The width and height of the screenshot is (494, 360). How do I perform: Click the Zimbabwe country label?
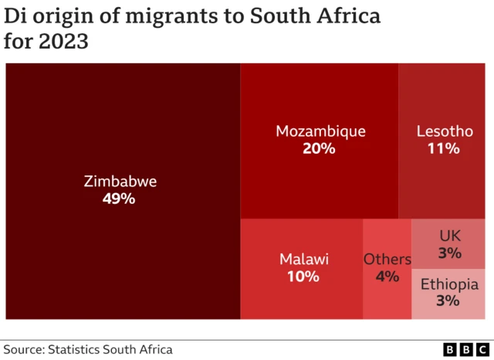click(x=120, y=182)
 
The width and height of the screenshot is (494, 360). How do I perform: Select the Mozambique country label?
click(x=320, y=131)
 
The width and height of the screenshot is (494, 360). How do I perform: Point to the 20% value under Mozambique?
click(x=319, y=148)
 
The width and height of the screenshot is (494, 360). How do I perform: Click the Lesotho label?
click(x=444, y=131)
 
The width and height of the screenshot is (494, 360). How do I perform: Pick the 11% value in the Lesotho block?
click(x=443, y=148)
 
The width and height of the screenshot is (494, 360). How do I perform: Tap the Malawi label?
click(x=303, y=259)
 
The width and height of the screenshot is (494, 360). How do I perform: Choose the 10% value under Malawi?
click(x=303, y=276)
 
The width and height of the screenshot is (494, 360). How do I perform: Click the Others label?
click(x=387, y=259)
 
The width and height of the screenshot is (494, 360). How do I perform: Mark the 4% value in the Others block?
click(x=387, y=276)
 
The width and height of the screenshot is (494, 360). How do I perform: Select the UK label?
click(x=449, y=236)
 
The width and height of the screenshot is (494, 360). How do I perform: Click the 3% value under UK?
click(x=449, y=253)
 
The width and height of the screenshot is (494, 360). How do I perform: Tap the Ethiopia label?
click(x=449, y=284)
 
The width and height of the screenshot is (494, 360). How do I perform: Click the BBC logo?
click(x=465, y=349)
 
